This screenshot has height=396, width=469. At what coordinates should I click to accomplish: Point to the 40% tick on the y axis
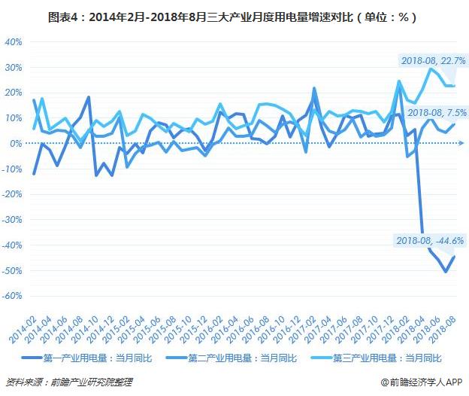[x=13, y=42]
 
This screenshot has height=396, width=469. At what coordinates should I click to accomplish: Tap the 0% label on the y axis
[x=16, y=144]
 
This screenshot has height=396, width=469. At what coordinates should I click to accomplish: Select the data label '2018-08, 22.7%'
[x=433, y=60]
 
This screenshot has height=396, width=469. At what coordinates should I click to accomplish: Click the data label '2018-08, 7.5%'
[x=436, y=112]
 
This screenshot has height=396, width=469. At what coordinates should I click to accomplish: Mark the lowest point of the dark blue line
[x=446, y=271]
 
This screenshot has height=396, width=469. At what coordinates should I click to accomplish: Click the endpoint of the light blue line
[x=453, y=86]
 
